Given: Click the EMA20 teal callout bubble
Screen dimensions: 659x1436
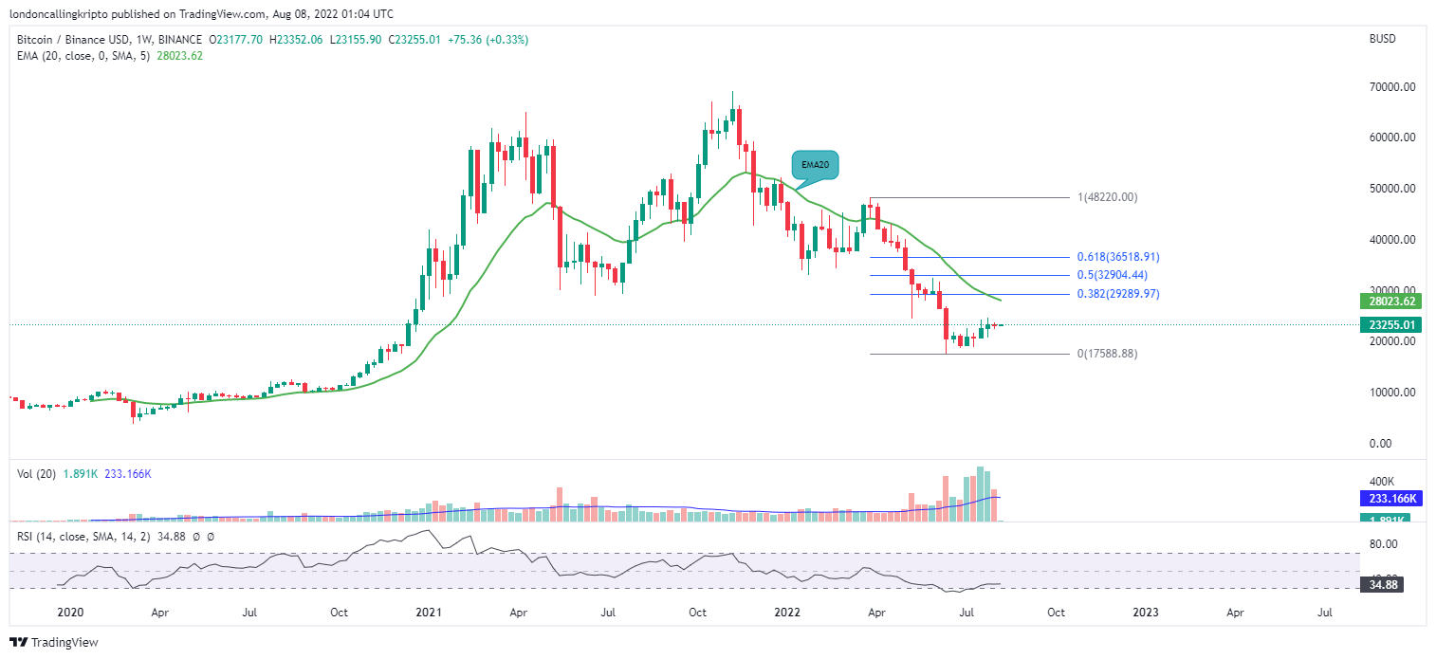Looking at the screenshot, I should coord(815,165).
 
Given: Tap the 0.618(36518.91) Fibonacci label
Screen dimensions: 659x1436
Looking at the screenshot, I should coord(1118,257).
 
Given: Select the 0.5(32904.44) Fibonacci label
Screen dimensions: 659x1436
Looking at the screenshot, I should coord(1113,275).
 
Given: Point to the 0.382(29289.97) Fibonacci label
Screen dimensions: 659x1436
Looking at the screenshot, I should coord(1118,294).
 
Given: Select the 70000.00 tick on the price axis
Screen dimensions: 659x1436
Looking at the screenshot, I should coord(1390,87).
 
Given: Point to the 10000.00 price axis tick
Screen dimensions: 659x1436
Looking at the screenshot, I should coord(1390,393).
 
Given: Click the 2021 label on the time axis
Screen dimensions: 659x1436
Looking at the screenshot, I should coord(430,613).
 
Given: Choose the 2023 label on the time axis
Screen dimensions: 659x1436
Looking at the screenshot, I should coord(1146,613).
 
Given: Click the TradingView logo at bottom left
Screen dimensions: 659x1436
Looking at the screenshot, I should coord(54,643).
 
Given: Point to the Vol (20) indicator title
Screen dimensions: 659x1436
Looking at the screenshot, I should coord(35,473).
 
